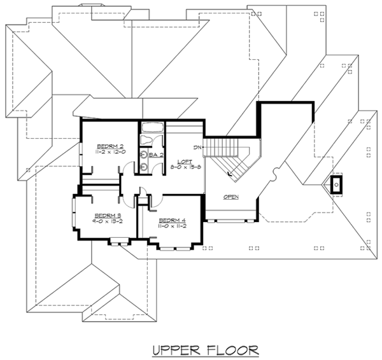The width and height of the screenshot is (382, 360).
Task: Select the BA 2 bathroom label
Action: (x=157, y=155)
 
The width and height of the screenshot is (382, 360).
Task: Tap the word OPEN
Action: (x=231, y=197)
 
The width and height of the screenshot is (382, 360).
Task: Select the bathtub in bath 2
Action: (x=152, y=132)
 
